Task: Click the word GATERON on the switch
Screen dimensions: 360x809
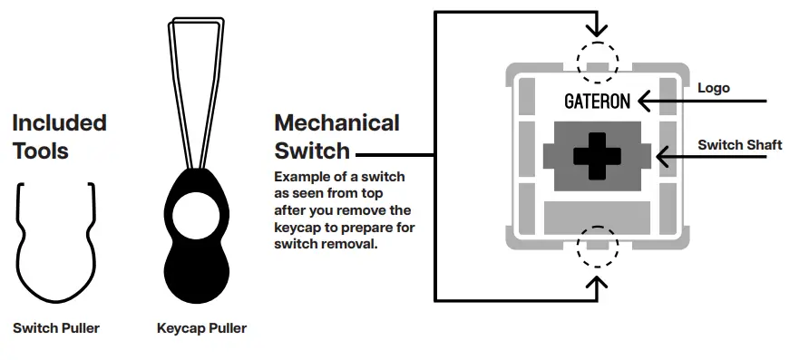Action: coord(597,101)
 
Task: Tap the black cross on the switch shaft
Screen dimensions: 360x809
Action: coord(595,155)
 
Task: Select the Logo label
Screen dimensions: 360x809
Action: coord(714,89)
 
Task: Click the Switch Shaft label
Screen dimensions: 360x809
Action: coord(739,145)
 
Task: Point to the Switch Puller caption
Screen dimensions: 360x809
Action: coord(56,327)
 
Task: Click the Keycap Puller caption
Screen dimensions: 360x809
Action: coord(201,328)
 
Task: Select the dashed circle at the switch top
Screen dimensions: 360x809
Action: coord(597,57)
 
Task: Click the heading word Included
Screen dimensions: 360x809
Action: coord(59,122)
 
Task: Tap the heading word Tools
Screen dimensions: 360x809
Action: coord(41,151)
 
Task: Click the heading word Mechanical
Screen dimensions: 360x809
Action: coord(336,122)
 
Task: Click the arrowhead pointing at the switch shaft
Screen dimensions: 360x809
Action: coord(662,156)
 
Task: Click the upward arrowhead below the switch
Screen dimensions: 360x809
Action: coord(597,284)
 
